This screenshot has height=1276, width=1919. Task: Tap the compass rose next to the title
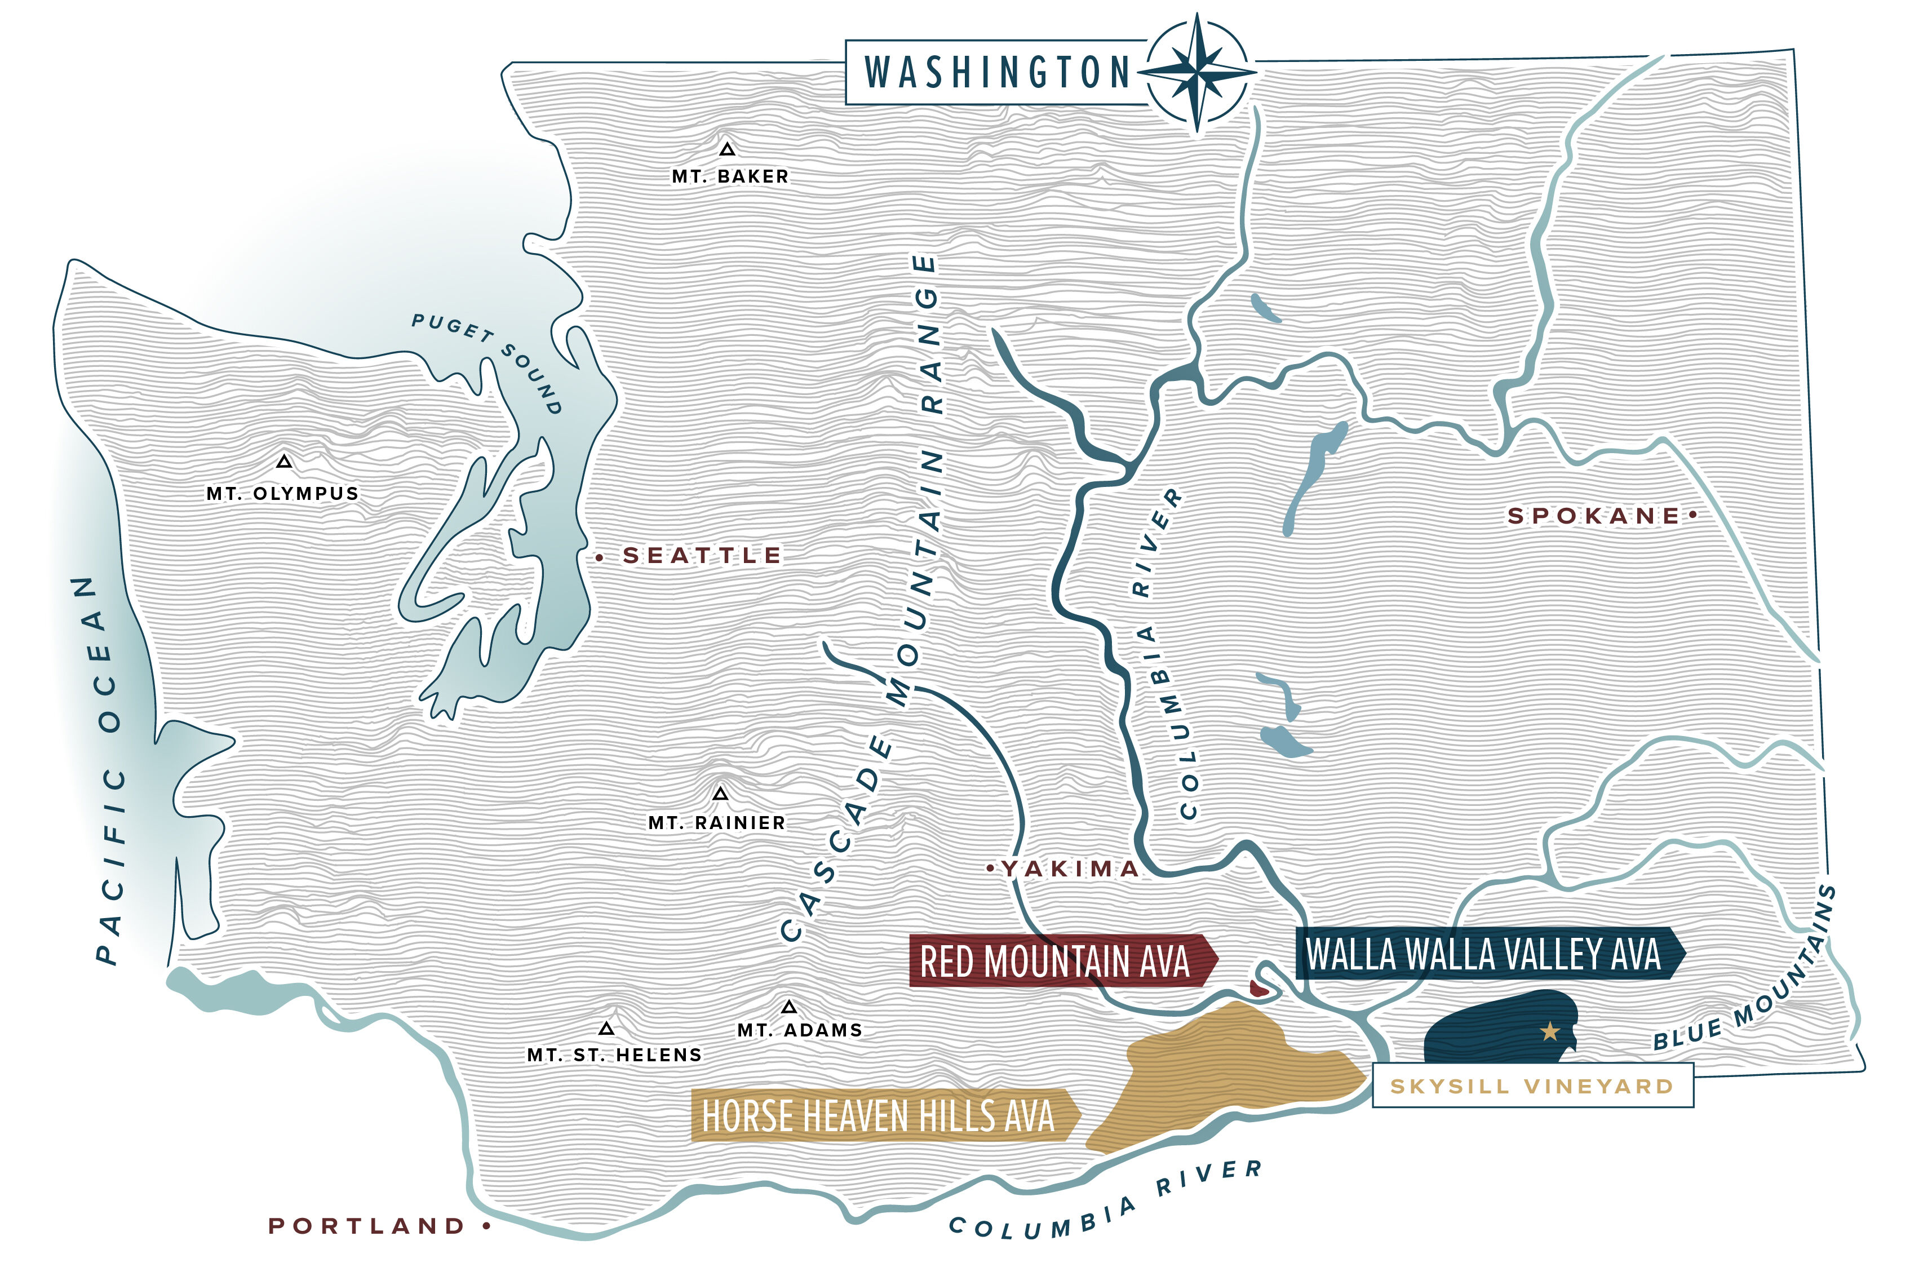point(1196,73)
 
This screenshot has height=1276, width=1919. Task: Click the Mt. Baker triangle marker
point(727,150)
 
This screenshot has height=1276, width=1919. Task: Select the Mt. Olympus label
point(282,493)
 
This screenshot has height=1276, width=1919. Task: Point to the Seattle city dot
point(599,557)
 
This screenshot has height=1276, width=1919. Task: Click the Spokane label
point(1593,515)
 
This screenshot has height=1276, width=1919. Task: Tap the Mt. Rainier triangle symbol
point(720,794)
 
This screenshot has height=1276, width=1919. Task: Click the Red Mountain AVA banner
point(1058,960)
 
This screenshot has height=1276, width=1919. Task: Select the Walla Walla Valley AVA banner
point(1485,953)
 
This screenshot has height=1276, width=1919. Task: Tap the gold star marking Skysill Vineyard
point(1549,1032)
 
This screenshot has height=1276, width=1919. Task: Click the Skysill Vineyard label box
point(1532,1086)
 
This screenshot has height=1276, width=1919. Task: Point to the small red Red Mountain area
point(1258,989)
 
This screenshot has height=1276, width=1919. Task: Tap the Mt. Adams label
point(799,1030)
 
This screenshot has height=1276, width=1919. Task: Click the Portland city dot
point(487,1225)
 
